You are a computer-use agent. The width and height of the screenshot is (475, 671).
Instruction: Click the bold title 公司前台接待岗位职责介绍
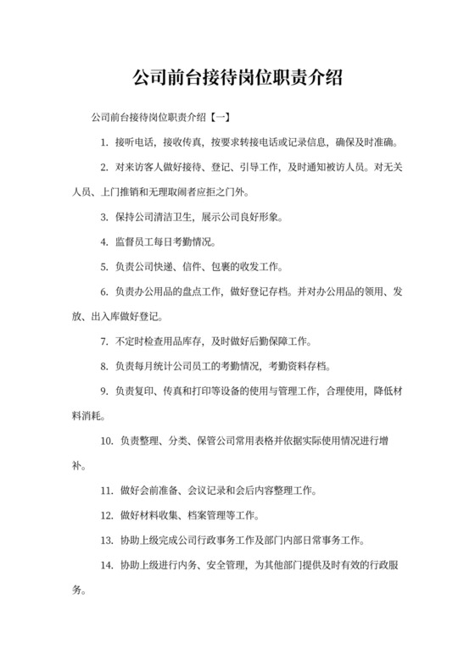pyautogui.click(x=237, y=79)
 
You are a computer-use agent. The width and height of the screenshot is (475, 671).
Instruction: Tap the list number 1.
pyautogui.click(x=103, y=141)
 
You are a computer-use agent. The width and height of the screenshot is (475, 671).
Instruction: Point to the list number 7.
pyautogui.click(x=103, y=341)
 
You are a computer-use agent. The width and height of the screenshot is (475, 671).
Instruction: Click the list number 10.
pyautogui.click(x=106, y=441)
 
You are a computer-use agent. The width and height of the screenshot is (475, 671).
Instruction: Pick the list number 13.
pyautogui.click(x=106, y=540)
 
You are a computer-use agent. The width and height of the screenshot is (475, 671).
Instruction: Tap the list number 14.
pyautogui.click(x=106, y=565)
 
